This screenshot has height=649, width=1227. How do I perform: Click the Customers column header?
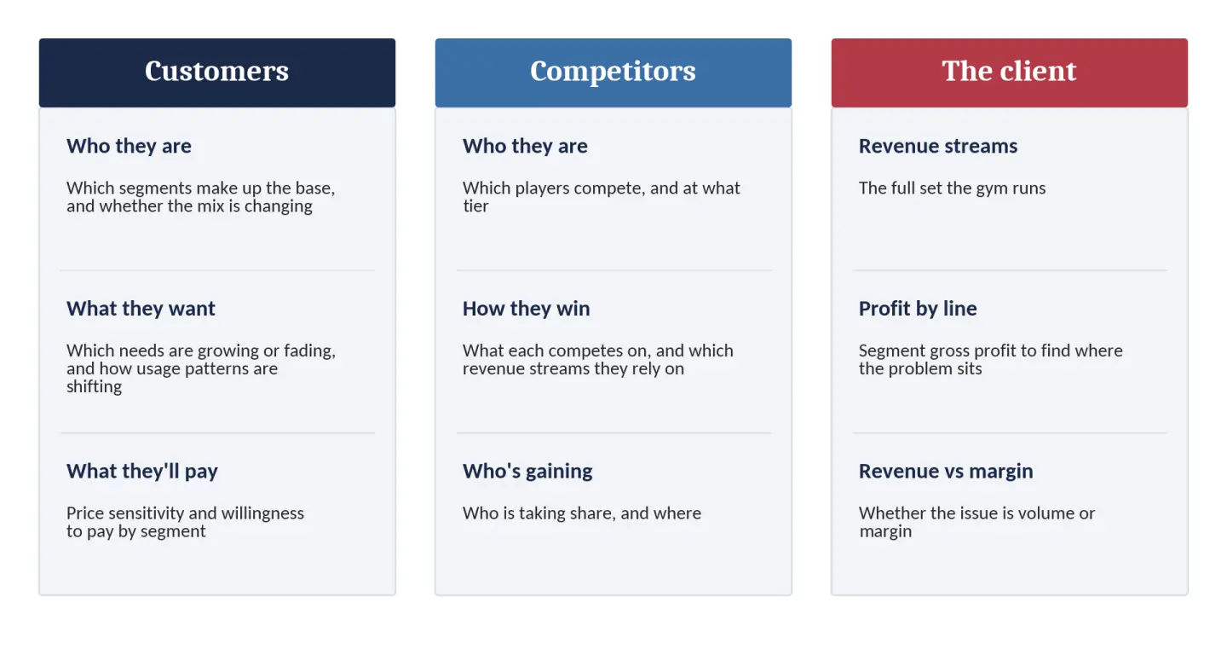click(x=217, y=72)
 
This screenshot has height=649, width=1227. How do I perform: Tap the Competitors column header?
click(x=613, y=72)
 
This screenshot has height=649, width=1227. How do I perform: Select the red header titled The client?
click(x=1009, y=72)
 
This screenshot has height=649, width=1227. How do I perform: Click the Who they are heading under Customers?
click(x=129, y=147)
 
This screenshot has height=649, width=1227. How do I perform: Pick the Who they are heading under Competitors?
click(x=525, y=147)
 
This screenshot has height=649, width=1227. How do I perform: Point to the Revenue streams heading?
click(x=938, y=147)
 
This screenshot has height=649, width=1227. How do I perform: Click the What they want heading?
click(x=141, y=309)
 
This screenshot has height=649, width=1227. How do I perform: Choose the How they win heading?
click(x=526, y=309)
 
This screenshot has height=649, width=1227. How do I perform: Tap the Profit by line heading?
click(x=918, y=309)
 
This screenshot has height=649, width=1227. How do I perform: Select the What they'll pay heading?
click(x=141, y=472)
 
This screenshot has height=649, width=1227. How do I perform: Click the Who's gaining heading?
click(x=527, y=472)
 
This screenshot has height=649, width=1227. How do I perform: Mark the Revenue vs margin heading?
click(x=946, y=472)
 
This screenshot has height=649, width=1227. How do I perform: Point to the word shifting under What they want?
click(x=95, y=386)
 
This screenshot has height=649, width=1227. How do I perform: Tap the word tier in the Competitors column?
click(x=475, y=206)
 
